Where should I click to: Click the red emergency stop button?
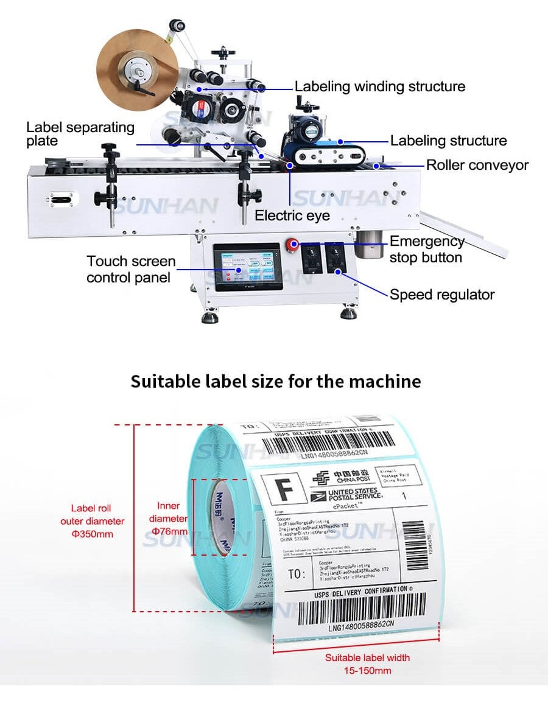[x=293, y=245]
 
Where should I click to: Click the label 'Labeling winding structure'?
[x=380, y=86]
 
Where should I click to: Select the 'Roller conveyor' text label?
[x=477, y=165]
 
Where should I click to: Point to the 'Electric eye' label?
[x=292, y=215]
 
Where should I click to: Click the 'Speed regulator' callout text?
[x=442, y=295]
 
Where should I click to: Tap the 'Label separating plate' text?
[x=80, y=134]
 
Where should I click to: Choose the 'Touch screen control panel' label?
[x=131, y=269]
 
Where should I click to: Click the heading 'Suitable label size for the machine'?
[x=276, y=382]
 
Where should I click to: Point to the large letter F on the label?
[x=282, y=488]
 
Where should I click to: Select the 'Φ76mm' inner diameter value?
[x=169, y=531]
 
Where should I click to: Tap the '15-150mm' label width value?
[x=367, y=671]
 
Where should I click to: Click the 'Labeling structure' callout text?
[x=448, y=141]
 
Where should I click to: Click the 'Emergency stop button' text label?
[x=426, y=250]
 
